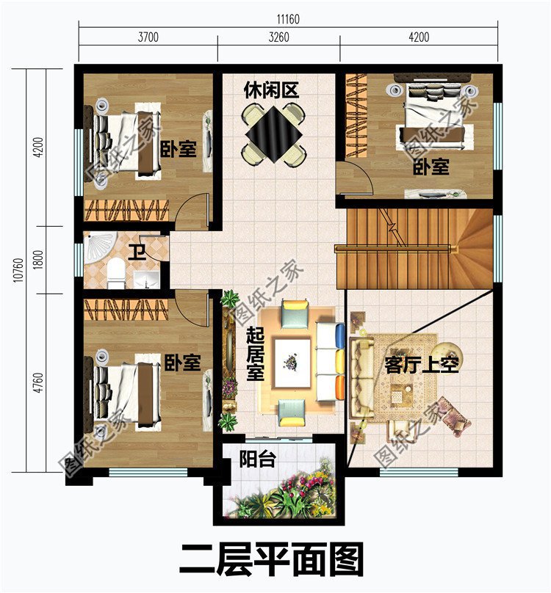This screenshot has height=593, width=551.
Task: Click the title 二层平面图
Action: tap(272, 560)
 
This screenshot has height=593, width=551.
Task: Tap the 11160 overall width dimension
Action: tap(288, 19)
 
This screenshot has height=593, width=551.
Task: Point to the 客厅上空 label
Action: tap(422, 365)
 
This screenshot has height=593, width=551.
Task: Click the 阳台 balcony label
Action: tap(257, 460)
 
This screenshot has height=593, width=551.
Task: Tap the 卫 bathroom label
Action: tap(137, 253)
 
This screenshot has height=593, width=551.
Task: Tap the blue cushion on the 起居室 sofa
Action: tap(339, 336)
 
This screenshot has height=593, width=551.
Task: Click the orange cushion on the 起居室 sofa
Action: tap(339, 387)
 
